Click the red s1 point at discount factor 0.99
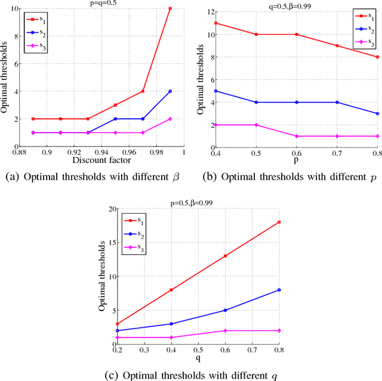click(x=170, y=8)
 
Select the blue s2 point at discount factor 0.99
click(x=170, y=91)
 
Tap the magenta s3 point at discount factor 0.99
click(x=170, y=119)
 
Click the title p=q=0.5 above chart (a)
click(x=100, y=4)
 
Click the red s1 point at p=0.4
click(x=214, y=23)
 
